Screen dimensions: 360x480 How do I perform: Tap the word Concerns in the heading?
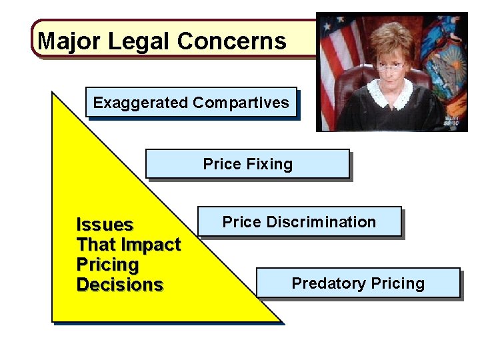click(x=232, y=41)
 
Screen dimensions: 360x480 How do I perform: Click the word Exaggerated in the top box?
click(x=141, y=103)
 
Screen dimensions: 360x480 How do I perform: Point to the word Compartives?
click(x=241, y=103)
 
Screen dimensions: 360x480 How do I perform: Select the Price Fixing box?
click(x=247, y=164)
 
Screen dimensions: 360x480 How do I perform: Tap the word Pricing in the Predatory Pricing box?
click(x=397, y=283)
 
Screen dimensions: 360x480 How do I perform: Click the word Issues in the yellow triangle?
click(x=105, y=225)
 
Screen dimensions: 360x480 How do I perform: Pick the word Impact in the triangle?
click(x=154, y=245)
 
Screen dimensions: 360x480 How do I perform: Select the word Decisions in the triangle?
click(x=120, y=285)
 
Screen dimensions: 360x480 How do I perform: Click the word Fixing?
click(x=270, y=164)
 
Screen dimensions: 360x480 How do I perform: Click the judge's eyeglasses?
click(x=390, y=65)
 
